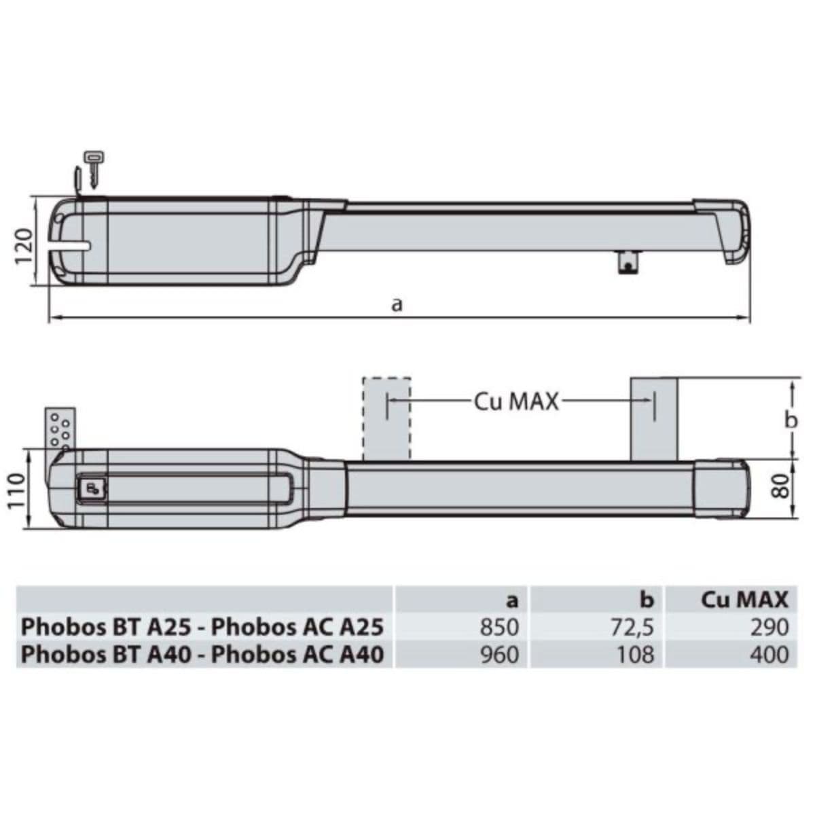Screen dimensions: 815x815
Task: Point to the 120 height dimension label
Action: [24, 246]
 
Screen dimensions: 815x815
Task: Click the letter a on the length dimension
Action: [396, 304]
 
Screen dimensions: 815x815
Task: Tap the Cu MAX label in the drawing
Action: [516, 402]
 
